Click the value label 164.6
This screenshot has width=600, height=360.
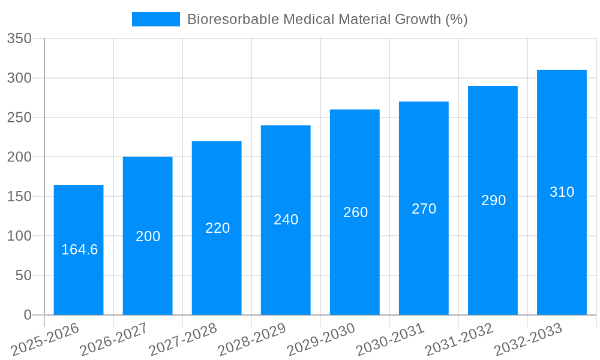click(79, 250)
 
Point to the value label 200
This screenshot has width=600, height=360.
click(148, 236)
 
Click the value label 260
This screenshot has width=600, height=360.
click(355, 212)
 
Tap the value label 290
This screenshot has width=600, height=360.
click(493, 200)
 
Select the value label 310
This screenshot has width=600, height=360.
click(562, 192)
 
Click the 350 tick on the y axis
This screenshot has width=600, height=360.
click(19, 38)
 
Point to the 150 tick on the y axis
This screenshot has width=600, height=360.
click(19, 197)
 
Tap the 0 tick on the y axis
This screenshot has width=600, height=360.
click(27, 315)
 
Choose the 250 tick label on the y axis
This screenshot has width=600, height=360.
click(19, 118)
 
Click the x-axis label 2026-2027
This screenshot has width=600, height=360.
click(114, 339)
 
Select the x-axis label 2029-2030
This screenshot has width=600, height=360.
click(321, 339)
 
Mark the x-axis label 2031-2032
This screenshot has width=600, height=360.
click(459, 339)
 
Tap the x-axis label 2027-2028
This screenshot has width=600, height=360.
click(183, 339)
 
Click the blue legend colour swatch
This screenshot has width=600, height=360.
click(155, 19)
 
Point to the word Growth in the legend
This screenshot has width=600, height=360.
click(418, 19)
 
